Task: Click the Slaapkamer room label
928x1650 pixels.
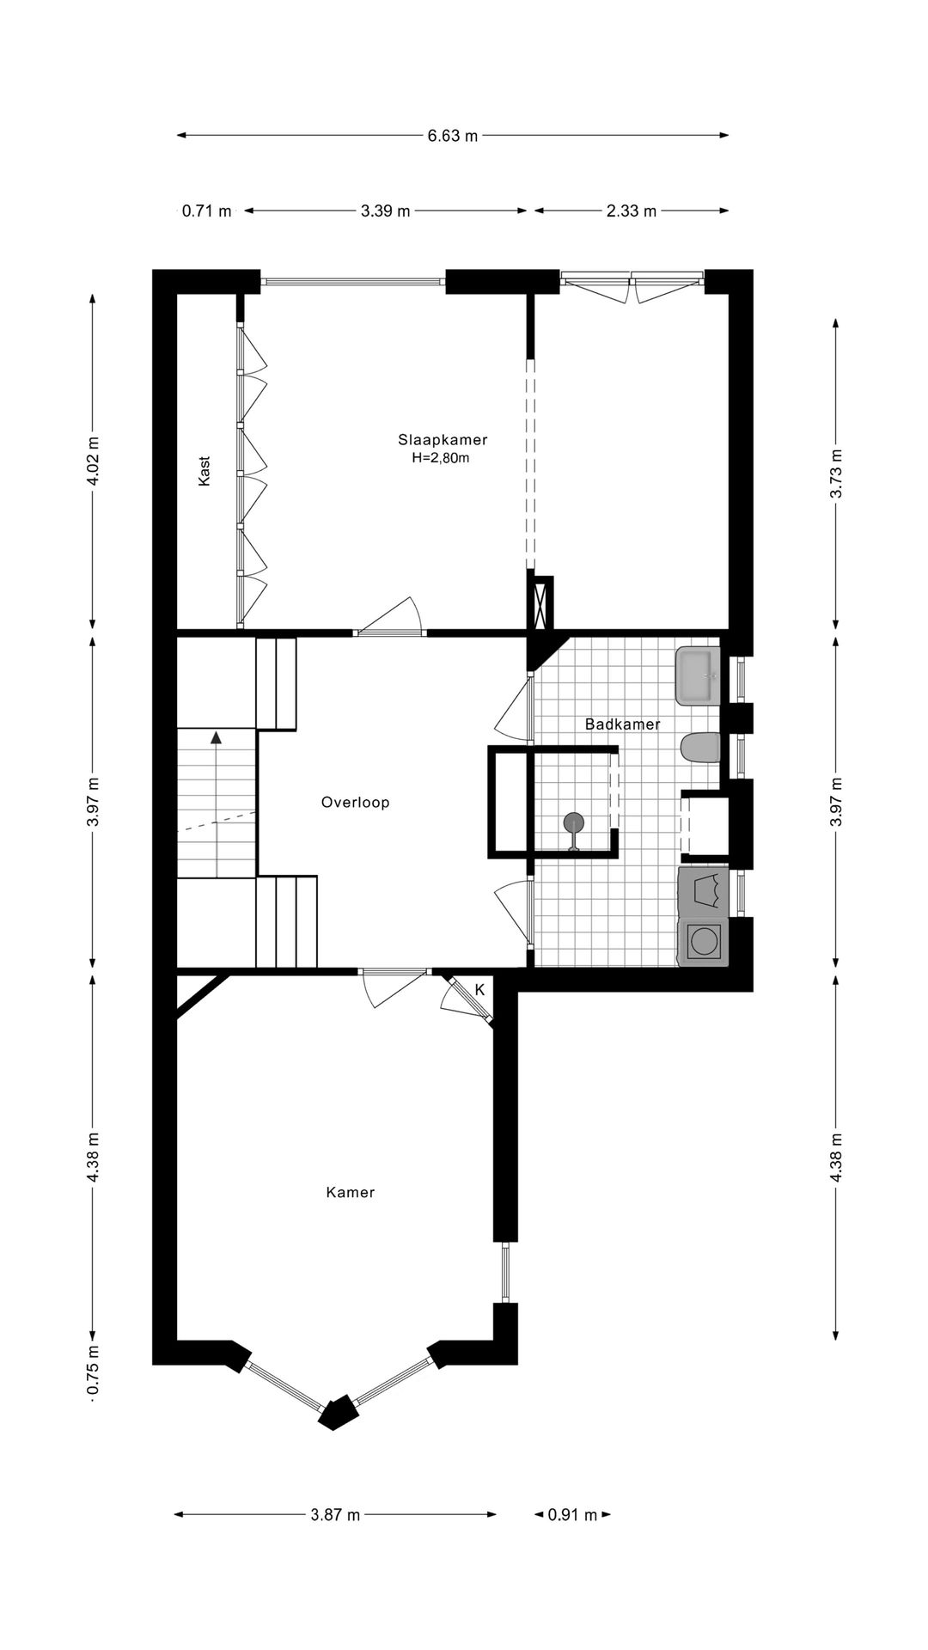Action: [x=443, y=440]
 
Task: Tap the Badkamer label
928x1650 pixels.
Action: [x=623, y=724]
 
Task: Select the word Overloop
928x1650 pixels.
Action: [x=356, y=803]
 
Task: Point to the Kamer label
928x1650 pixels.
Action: [x=351, y=1192]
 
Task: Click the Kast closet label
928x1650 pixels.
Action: [x=205, y=471]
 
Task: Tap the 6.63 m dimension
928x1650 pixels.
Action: [x=453, y=136]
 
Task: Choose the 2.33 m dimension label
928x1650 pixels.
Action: [x=632, y=211]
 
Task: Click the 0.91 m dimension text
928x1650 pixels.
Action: [x=572, y=1515]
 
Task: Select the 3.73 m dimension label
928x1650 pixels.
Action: [x=837, y=474]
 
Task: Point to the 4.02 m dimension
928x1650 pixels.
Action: [x=93, y=461]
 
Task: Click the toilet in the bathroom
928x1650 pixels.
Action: [x=700, y=749]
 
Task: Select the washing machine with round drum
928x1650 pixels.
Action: [x=703, y=943]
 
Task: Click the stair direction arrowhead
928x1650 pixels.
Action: [x=217, y=736]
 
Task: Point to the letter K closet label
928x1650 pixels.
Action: [x=479, y=989]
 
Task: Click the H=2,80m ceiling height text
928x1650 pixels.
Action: [x=441, y=458]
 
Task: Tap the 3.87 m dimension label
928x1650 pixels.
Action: [x=335, y=1515]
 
